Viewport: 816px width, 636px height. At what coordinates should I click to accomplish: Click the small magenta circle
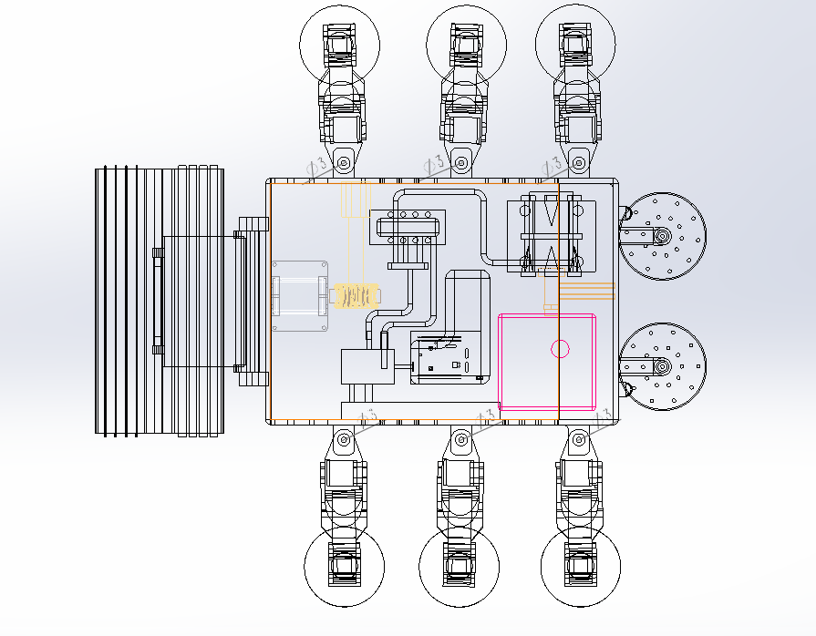point(560,348)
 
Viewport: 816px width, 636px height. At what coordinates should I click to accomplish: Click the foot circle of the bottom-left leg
point(343,566)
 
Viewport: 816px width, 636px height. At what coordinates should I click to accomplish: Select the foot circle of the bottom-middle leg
point(460,566)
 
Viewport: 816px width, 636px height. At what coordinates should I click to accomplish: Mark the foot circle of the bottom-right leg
point(581,566)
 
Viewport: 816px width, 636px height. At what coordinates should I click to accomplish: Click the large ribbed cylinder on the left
point(160,301)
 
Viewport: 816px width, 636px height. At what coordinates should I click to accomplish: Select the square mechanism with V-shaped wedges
point(551,235)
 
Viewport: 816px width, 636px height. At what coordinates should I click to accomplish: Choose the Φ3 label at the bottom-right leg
point(603,415)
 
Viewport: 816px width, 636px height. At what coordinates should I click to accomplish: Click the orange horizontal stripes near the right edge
point(587,291)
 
